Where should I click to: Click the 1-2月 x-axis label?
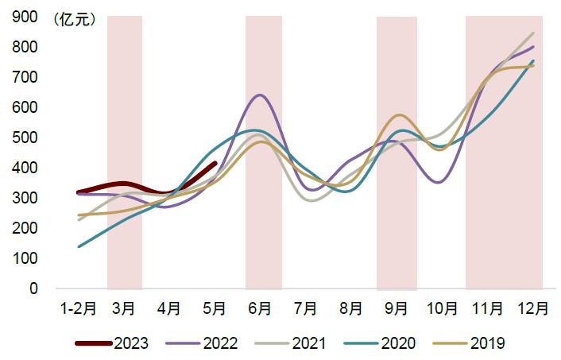tap(79, 308)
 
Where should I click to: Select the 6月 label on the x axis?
tap(260, 308)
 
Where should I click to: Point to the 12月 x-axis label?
tap(532, 308)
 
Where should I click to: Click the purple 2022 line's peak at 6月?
tap(259, 95)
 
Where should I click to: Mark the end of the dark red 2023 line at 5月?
tap(215, 164)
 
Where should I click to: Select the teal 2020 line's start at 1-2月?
tap(79, 246)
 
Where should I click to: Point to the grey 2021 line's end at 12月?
tap(532, 33)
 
